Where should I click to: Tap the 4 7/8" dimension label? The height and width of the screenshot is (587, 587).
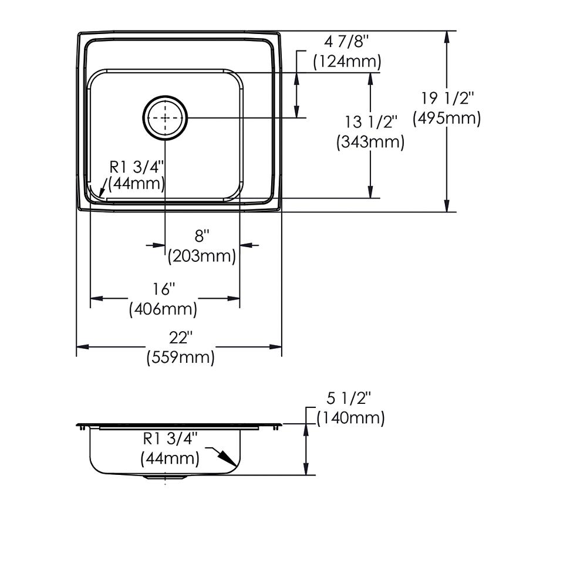347,42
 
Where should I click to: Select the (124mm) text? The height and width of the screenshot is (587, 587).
347,62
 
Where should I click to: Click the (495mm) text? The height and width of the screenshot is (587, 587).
447,119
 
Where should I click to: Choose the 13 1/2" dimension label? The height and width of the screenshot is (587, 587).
370,122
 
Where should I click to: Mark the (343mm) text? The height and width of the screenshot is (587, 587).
370,142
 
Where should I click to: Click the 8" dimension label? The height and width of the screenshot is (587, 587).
202,236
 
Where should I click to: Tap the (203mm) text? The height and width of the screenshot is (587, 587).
202,257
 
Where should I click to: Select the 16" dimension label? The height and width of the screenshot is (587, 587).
164,289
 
